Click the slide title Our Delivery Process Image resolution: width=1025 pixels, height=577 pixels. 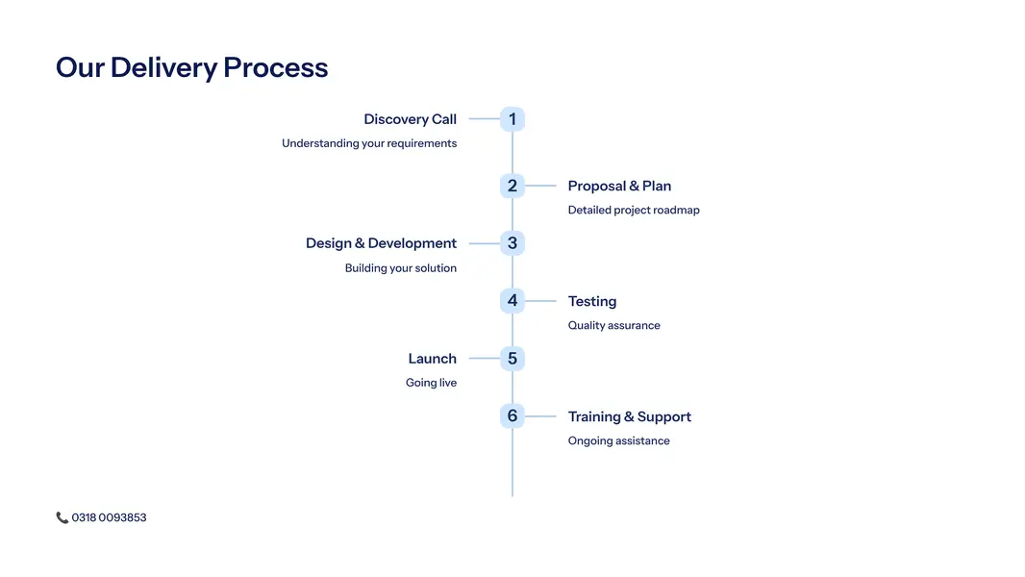[192, 67]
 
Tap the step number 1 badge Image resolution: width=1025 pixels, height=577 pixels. [512, 119]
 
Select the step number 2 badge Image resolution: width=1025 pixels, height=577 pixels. [512, 186]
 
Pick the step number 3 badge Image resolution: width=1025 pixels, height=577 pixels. [512, 243]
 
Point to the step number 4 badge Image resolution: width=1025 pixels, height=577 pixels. [512, 301]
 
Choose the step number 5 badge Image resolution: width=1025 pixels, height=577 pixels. [512, 359]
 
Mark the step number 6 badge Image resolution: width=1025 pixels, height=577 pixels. [512, 416]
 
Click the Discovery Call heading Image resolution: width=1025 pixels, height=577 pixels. [410, 119]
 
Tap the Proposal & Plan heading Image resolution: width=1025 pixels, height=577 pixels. [619, 186]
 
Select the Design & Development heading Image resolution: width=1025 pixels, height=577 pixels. [381, 243]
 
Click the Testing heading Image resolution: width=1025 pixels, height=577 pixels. [592, 301]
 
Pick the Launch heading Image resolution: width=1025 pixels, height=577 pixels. [432, 359]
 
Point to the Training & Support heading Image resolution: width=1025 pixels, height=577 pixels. [629, 416]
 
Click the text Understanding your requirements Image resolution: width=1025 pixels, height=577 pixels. [369, 143]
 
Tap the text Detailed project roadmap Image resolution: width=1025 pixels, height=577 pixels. [634, 210]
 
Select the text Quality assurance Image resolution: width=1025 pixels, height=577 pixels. [613, 325]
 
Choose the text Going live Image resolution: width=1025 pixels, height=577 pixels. [431, 383]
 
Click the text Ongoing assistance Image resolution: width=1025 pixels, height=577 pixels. [618, 440]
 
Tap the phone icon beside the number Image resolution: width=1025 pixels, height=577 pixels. [62, 517]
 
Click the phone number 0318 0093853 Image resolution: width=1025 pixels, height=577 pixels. [109, 517]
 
